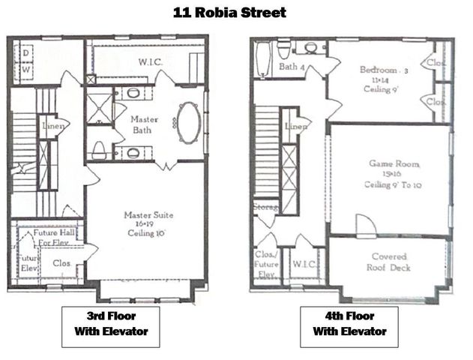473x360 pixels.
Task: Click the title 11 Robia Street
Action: [x=229, y=13]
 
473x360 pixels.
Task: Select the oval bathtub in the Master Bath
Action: [x=187, y=122]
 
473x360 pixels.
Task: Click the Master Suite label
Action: [x=148, y=224]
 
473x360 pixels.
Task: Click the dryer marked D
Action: [x=25, y=52]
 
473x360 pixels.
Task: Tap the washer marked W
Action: [x=25, y=69]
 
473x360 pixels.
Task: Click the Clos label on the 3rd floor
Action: [x=61, y=264]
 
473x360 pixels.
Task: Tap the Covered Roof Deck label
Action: [x=390, y=262]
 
